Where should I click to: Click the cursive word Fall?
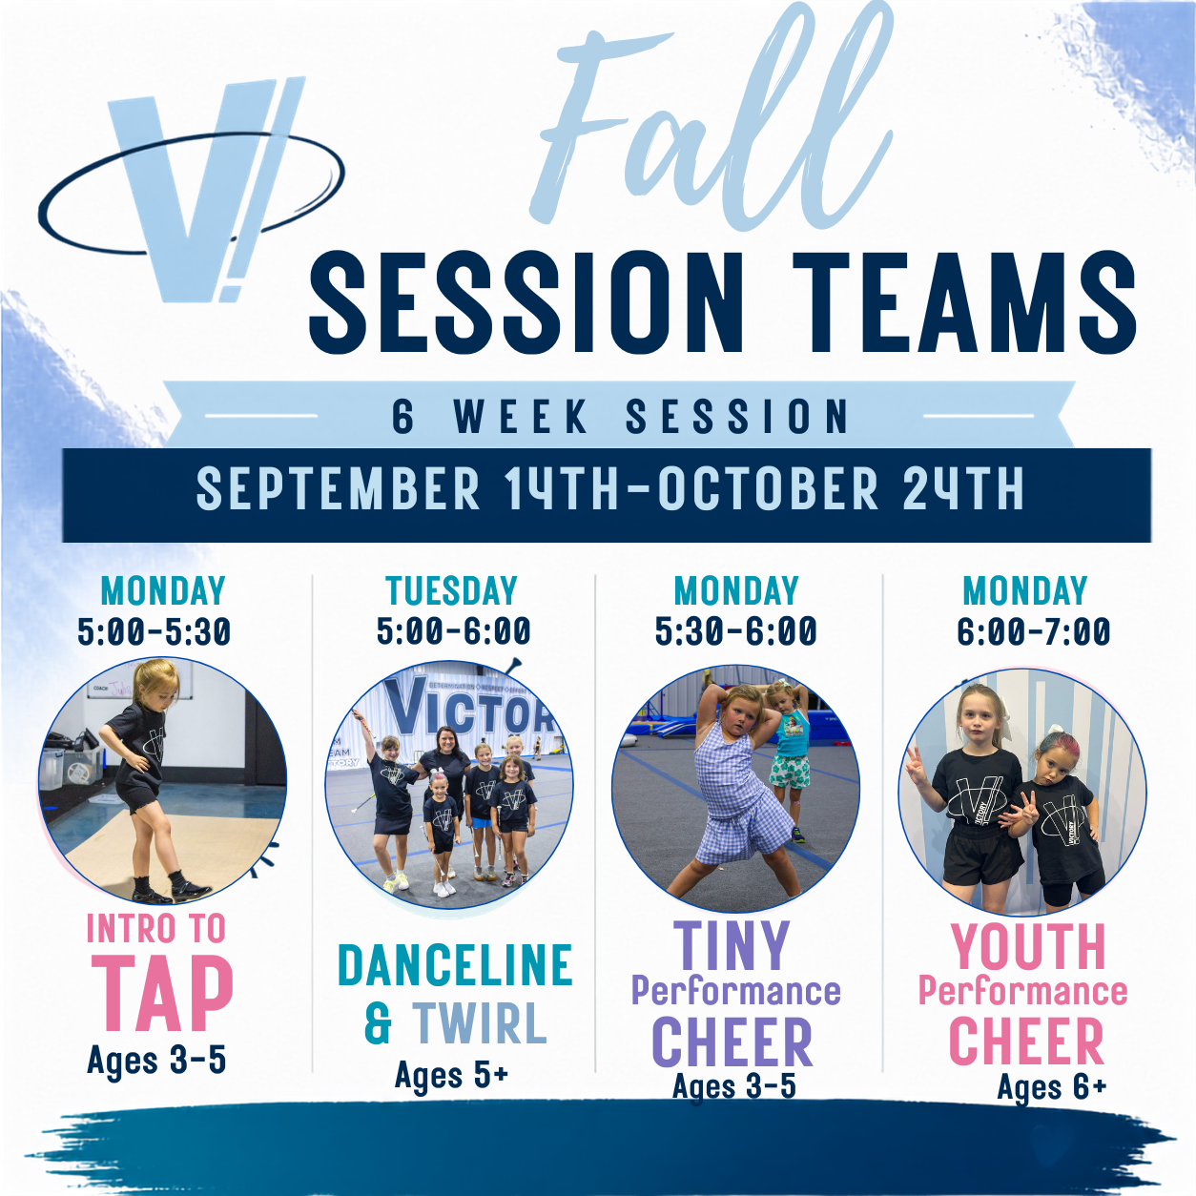(713, 118)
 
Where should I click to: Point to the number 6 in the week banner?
(402, 417)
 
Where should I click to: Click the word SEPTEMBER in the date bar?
(339, 489)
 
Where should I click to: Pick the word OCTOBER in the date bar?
(769, 489)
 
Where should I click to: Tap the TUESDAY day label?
(452, 590)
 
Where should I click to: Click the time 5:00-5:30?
(154, 631)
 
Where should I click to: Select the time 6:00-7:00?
(1034, 631)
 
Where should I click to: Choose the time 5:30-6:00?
(736, 631)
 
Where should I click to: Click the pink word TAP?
(162, 994)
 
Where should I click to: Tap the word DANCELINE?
(455, 964)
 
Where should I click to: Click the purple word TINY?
(732, 946)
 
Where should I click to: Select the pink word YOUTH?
(1028, 947)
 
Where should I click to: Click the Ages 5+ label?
(452, 1076)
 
